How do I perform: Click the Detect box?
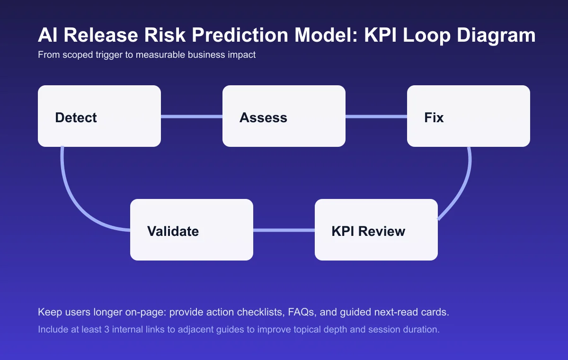(99, 116)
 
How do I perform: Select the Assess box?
(284, 116)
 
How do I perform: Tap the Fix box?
(469, 116)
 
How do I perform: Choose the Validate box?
(192, 230)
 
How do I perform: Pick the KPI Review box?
(376, 230)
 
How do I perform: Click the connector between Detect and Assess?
(192, 117)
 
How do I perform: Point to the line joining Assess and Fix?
(376, 117)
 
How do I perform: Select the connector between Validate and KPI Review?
(284, 230)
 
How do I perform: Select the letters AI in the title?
(47, 36)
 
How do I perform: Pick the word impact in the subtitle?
(241, 55)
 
